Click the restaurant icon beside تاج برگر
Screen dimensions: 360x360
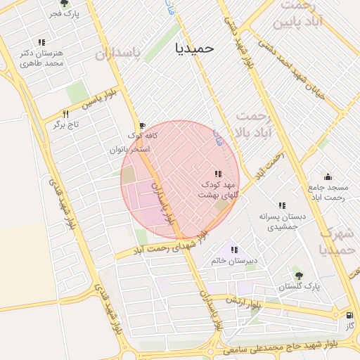point(66,114)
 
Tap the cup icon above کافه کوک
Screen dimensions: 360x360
point(143,125)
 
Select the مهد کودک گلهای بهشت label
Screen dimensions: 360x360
point(218,189)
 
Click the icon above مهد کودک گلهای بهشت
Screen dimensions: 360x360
point(218,174)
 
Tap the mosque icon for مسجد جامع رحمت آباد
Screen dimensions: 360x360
point(328,177)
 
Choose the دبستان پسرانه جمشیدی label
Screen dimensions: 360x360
point(282,223)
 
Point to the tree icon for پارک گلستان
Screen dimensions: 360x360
point(299,275)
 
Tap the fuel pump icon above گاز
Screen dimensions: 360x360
point(349,316)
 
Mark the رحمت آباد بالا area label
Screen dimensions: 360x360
point(253,123)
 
